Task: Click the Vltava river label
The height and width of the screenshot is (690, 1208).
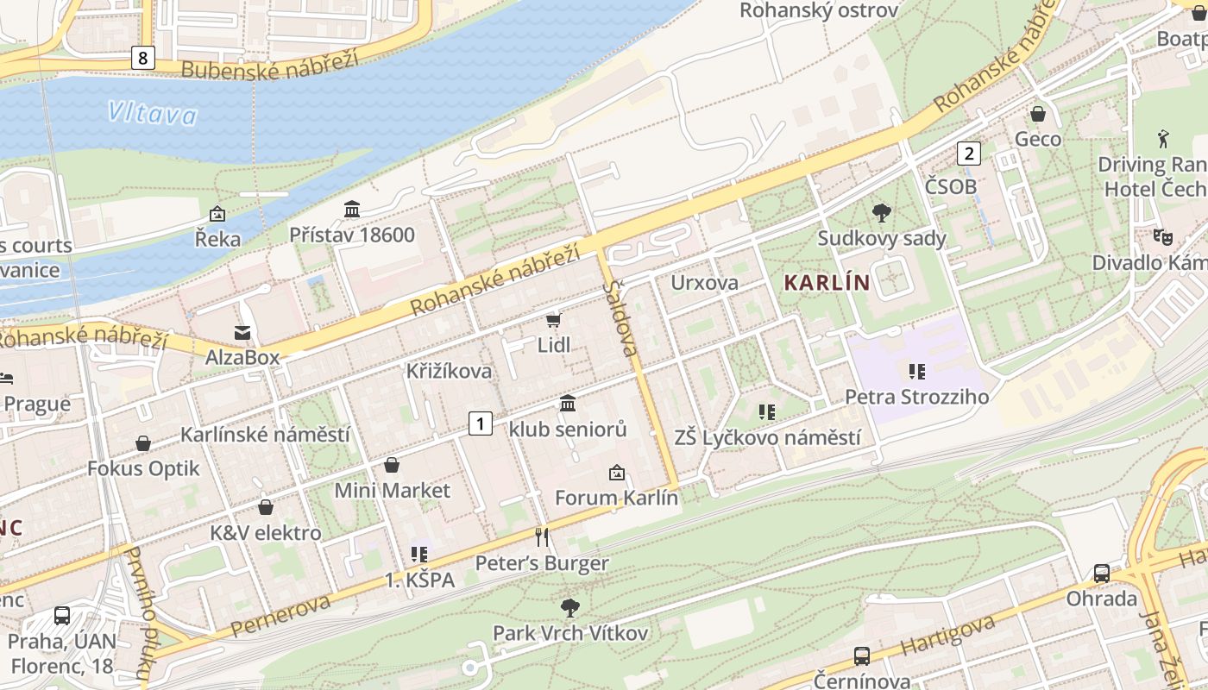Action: pos(153,113)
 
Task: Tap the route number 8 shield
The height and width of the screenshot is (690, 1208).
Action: pos(143,58)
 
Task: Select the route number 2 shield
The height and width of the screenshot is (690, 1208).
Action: pos(969,154)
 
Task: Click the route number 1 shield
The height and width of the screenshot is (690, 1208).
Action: pos(481,423)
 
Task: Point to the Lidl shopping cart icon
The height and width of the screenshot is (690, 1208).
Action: pos(553,320)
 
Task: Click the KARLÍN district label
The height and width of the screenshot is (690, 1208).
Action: pos(827,283)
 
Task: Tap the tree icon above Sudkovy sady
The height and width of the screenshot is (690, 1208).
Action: pos(881,212)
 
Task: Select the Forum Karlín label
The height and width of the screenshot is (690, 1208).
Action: pos(616,498)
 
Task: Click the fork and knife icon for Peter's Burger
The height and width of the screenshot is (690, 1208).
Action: pos(542,537)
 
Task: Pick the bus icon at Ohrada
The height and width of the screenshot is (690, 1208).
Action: pos(1102,573)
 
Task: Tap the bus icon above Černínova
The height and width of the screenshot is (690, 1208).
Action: pos(861,655)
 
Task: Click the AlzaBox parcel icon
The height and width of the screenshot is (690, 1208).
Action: pos(242,332)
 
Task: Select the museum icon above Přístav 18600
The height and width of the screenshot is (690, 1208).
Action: pos(352,209)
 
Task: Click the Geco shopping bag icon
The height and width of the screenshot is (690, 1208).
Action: pos(1038,114)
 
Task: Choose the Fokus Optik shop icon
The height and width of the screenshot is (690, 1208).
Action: pos(143,443)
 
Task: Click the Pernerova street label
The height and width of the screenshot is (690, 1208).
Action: pos(280,615)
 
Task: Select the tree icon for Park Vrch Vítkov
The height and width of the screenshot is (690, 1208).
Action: pos(569,607)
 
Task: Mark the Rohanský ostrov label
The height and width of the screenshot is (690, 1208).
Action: pos(819,10)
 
